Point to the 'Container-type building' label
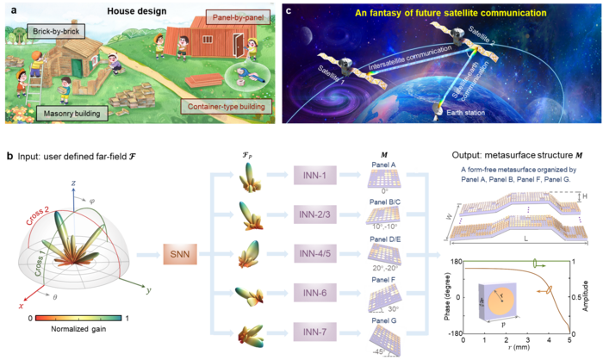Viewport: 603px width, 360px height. (x=227, y=108)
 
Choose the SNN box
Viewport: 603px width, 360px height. (x=181, y=254)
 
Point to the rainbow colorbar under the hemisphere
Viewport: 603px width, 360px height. (x=78, y=317)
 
